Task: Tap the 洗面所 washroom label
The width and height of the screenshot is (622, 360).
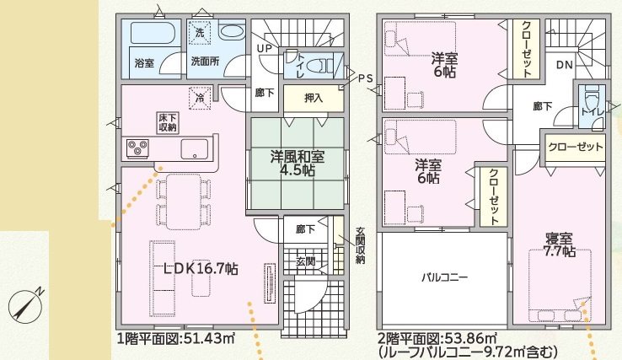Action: [x=204, y=62]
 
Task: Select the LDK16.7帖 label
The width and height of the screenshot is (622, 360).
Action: [x=201, y=269]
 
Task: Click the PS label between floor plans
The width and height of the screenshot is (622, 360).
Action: [x=364, y=78]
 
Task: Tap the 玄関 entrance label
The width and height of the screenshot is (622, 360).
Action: [x=305, y=262]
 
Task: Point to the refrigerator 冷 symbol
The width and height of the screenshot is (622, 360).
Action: [x=200, y=98]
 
